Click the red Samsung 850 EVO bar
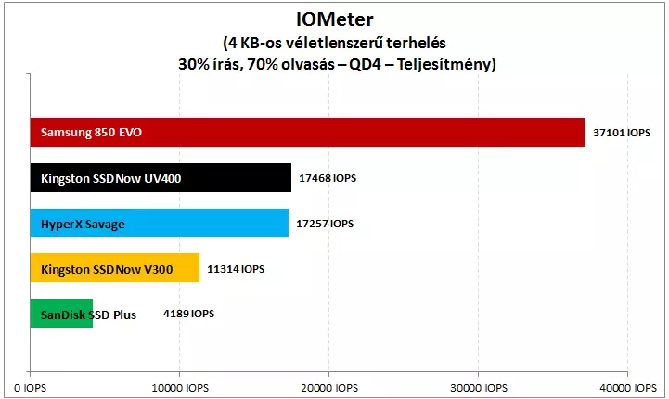pyautogui.click(x=307, y=133)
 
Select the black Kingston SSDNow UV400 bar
pyautogui.click(x=161, y=178)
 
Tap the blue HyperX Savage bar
pyautogui.click(x=160, y=223)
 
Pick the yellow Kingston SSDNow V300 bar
pyautogui.click(x=115, y=268)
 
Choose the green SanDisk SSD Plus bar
pyautogui.click(x=61, y=314)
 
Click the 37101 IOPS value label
pyautogui.click(x=622, y=133)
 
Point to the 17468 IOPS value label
pyautogui.click(x=328, y=178)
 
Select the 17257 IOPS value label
pyautogui.click(x=325, y=224)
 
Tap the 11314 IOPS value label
pyautogui.click(x=236, y=269)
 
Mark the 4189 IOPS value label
pyautogui.click(x=189, y=314)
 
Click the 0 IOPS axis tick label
pyautogui.click(x=31, y=388)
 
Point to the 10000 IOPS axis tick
pyautogui.click(x=180, y=388)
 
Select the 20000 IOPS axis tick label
pyautogui.click(x=329, y=388)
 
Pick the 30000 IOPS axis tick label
pyautogui.click(x=479, y=388)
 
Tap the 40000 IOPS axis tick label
pyautogui.click(x=628, y=388)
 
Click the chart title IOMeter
pyautogui.click(x=335, y=19)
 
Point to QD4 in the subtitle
pyautogui.click(x=366, y=64)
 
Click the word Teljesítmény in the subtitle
pyautogui.click(x=446, y=64)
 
